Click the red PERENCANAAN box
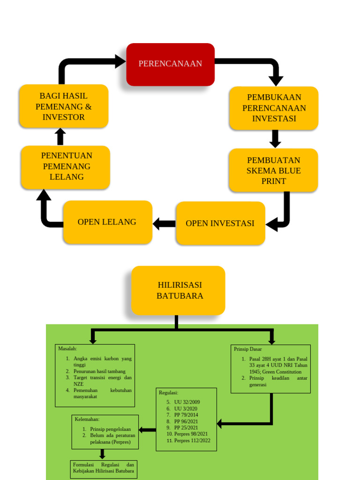pos(170,64)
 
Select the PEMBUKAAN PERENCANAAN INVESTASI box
pos(274,108)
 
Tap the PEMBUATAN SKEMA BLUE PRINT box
pos(273,171)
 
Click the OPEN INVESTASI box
pos(220,223)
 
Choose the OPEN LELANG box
pos(107,222)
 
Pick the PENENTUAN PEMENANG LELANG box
pos(66,167)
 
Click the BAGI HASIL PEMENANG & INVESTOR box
pos(64,106)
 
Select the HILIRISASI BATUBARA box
pos(178,291)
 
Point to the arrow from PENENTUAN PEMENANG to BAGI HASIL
pos(60,136)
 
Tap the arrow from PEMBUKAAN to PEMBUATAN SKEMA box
pos(275,139)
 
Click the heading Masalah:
pos(67,349)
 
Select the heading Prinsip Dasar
pos(248,349)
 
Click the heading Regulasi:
pos(169,393)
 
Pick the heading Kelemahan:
pos(87,419)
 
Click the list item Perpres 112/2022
pos(192,441)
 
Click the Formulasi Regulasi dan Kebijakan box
pos(104,469)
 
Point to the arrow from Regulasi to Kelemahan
pos(148,430)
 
